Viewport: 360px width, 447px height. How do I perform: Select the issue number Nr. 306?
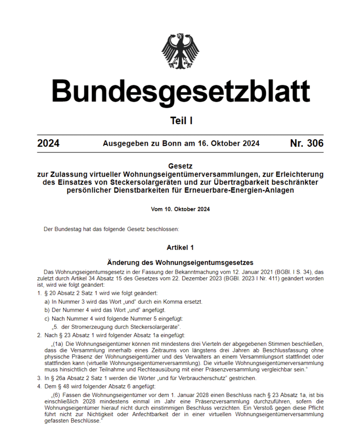click(307, 143)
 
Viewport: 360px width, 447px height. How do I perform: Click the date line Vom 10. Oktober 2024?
click(180, 209)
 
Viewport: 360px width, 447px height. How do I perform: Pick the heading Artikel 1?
click(180, 247)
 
